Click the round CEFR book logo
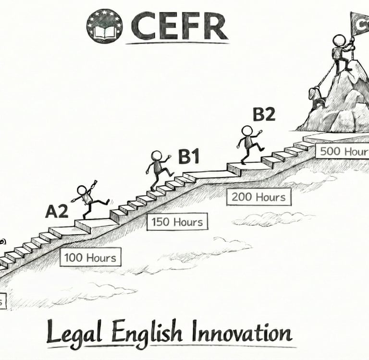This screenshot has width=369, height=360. [x=104, y=26]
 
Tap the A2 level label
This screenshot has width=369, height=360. [x=57, y=211]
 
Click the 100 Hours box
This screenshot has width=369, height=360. [x=90, y=257]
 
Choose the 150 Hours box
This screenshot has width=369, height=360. [x=177, y=222]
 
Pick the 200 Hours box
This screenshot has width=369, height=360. [x=258, y=196]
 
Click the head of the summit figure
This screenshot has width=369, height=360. [x=339, y=40]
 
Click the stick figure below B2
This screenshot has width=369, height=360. [x=249, y=143]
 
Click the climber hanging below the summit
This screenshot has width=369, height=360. [x=317, y=98]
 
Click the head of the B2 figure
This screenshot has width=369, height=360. [x=246, y=131]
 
